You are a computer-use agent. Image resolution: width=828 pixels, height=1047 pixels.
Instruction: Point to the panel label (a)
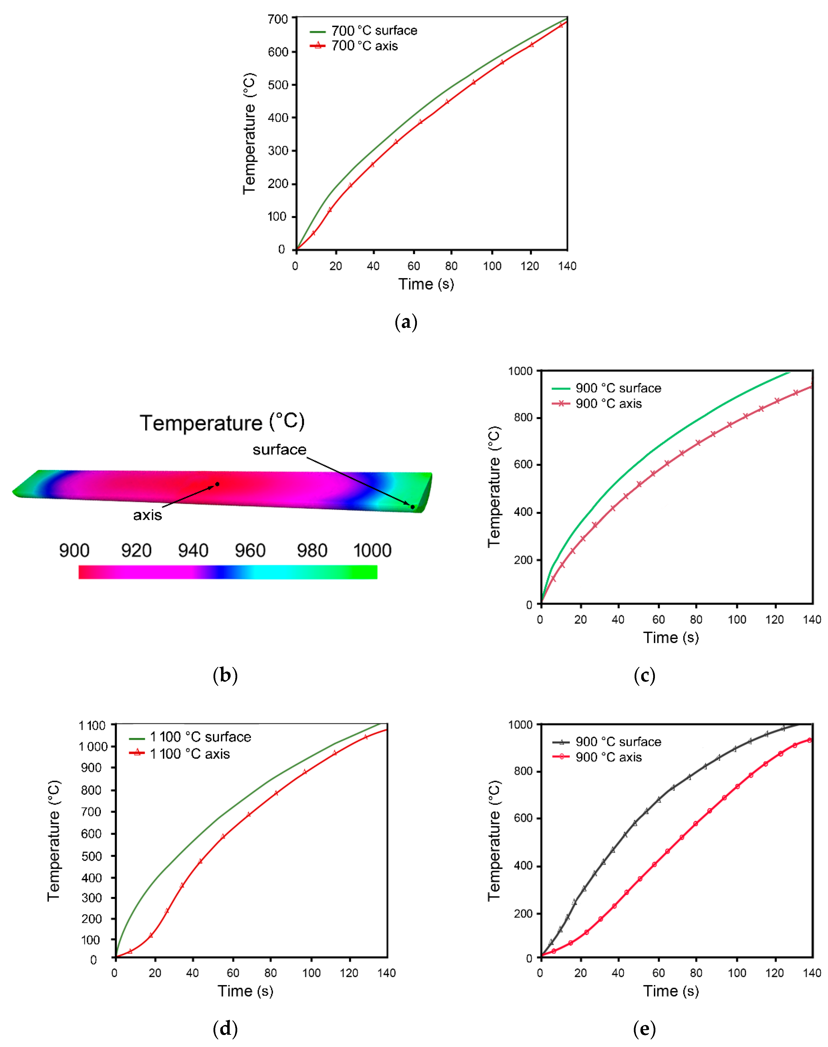coord(406,322)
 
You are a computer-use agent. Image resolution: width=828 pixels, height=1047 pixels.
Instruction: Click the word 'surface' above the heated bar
coord(279,450)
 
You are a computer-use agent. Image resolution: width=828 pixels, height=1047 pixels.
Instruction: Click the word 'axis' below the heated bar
coord(147,515)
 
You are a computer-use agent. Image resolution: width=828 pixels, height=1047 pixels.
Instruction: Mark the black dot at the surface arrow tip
coord(413,507)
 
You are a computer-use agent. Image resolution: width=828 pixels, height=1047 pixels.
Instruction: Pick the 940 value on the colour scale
coord(193,551)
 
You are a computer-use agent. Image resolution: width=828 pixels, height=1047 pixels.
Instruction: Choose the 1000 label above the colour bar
coord(372,551)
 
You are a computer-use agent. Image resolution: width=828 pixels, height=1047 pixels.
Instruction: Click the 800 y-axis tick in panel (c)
coord(523,417)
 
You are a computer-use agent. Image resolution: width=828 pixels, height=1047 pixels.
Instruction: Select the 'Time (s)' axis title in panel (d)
coord(245,990)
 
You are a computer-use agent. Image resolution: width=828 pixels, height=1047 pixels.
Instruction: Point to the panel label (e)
coord(644,1029)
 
